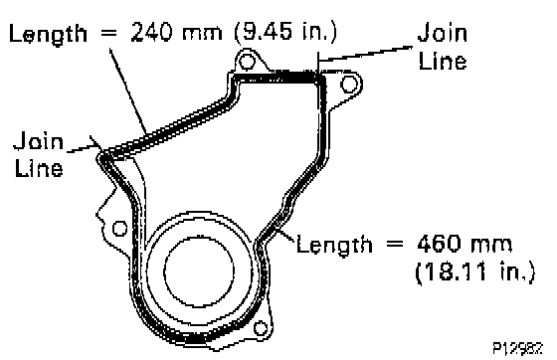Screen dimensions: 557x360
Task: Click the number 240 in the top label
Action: tap(151, 33)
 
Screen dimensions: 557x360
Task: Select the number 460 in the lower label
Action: tap(439, 244)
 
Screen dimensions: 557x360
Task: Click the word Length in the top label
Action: tap(48, 35)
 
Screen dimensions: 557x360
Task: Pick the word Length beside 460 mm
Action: tap(334, 246)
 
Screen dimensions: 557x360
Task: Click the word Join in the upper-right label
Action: tap(443, 32)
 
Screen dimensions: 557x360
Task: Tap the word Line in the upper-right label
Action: tap(443, 61)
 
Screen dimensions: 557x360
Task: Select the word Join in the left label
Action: tap(39, 140)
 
